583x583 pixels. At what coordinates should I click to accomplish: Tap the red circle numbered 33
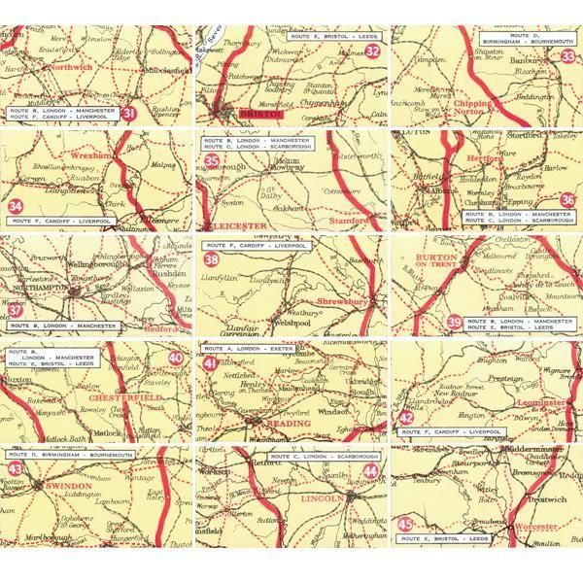tap(568, 56)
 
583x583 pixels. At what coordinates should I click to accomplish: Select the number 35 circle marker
tap(211, 160)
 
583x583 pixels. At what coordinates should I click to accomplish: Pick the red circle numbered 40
tap(176, 357)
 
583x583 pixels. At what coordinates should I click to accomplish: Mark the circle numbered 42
tap(406, 418)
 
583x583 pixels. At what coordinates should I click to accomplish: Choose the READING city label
tap(287, 424)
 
